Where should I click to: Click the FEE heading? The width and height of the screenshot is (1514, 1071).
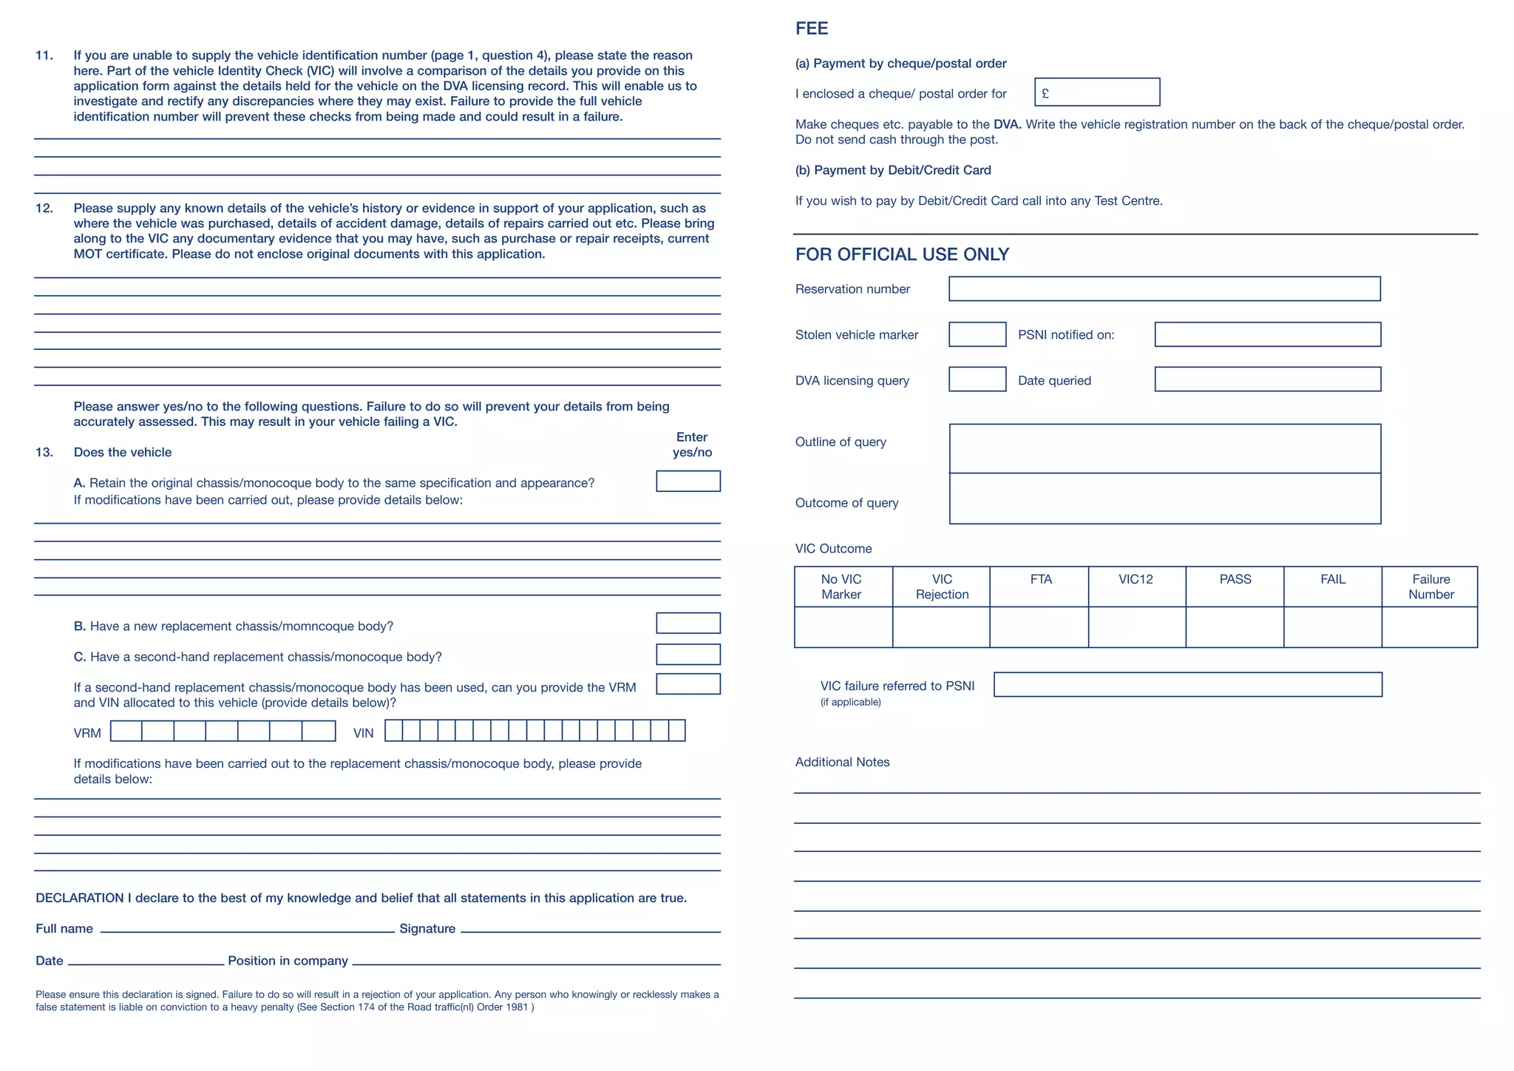coord(811,28)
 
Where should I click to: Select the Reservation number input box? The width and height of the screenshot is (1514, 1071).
coord(1164,289)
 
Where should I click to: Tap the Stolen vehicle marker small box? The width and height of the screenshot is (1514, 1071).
coord(977,334)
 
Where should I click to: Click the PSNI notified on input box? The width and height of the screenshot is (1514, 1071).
coord(1267,334)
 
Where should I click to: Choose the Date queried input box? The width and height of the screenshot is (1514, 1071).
coord(1267,379)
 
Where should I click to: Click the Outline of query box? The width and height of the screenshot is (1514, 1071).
coord(1164,448)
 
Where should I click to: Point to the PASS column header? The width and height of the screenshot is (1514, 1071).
coord(1235,580)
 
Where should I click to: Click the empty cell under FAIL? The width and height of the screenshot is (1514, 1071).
coord(1332,627)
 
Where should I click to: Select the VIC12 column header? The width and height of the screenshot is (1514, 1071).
coord(1135,580)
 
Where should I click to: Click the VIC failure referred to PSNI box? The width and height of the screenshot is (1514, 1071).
coord(1187,685)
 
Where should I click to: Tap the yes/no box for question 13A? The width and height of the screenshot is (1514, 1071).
coord(688,482)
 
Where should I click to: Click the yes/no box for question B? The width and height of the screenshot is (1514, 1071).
coord(688,624)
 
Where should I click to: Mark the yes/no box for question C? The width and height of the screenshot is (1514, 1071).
coord(688,655)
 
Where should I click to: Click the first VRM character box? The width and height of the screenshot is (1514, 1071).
coord(126,732)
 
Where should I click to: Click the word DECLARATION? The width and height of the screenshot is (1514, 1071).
coord(80,898)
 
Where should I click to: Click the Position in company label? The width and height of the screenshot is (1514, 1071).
coord(288,961)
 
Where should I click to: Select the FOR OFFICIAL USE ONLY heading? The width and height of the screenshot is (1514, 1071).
coord(902,254)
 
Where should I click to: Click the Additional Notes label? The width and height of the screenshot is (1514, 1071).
coord(842,763)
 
